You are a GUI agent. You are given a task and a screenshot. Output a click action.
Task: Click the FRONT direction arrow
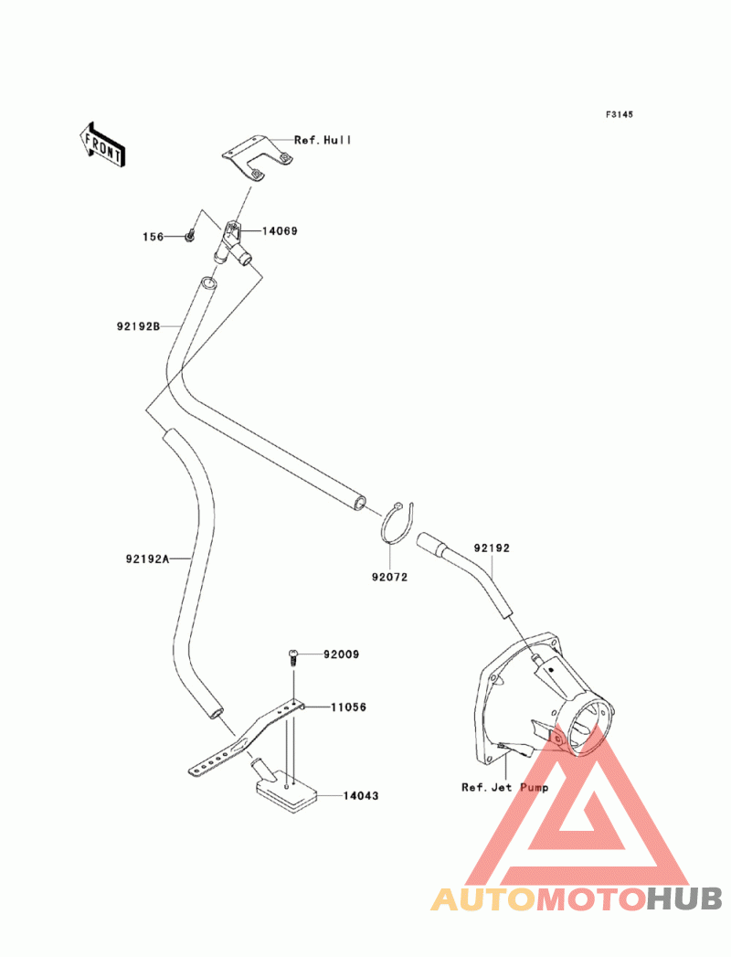[102, 144]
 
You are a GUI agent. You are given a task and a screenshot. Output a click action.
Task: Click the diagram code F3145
[619, 114]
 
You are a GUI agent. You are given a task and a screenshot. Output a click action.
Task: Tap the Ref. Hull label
[323, 140]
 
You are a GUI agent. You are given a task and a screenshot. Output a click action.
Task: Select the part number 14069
[280, 230]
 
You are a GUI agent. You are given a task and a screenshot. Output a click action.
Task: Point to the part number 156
[154, 237]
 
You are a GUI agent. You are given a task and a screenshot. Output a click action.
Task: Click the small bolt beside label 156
[190, 234]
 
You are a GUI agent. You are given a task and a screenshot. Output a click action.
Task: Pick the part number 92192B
[139, 326]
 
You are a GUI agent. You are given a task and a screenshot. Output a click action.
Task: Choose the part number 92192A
[148, 558]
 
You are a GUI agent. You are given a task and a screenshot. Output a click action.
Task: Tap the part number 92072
[389, 577]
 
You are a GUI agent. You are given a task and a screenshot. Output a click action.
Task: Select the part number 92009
[341, 654]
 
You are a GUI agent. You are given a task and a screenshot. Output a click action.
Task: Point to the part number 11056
[348, 707]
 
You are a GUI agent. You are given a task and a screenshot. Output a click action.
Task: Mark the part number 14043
[361, 796]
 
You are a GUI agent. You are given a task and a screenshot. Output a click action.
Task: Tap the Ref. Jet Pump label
[504, 787]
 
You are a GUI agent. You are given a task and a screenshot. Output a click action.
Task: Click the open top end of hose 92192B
[208, 283]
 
